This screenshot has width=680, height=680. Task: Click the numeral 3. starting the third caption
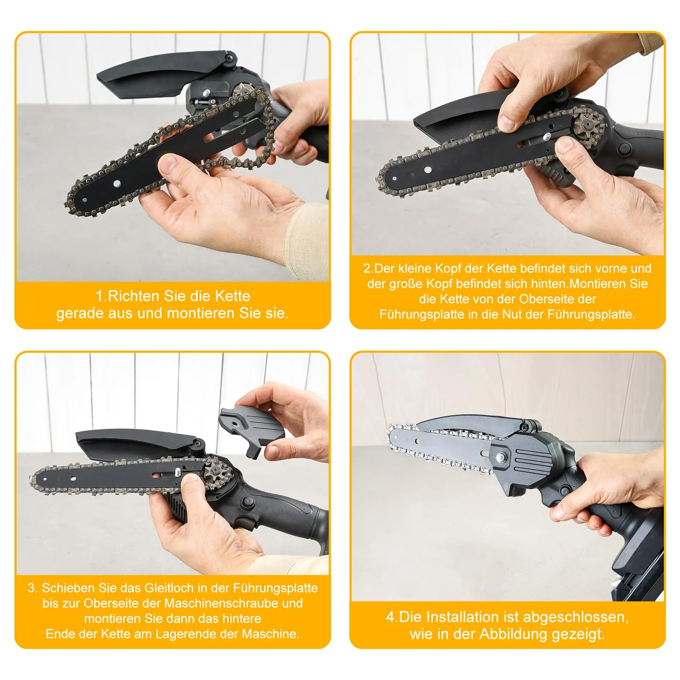(33, 588)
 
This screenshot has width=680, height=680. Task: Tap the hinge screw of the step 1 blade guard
(231, 57)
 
